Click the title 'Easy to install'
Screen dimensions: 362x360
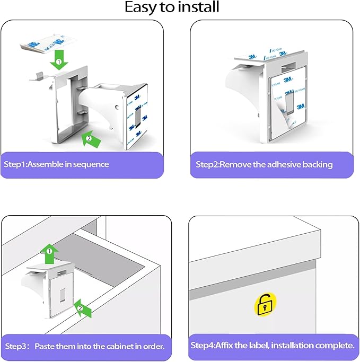[x=172, y=7]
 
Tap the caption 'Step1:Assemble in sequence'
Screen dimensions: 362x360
[x=57, y=164]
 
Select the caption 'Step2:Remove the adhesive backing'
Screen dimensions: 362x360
[x=264, y=164]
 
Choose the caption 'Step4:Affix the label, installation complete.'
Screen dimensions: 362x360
[x=272, y=346]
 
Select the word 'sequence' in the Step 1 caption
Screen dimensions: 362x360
[x=91, y=164]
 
